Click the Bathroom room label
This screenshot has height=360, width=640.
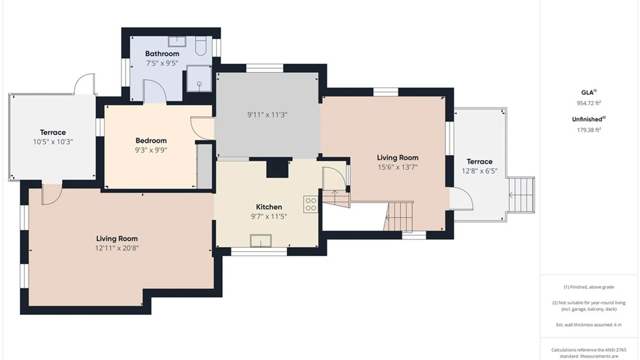pyautogui.click(x=162, y=54)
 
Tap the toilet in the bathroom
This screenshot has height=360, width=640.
pyautogui.click(x=201, y=46)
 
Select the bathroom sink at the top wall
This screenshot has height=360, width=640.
pyautogui.click(x=177, y=42)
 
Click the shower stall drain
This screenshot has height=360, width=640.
pyautogui.click(x=199, y=84)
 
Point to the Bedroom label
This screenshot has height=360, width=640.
pyautogui.click(x=151, y=141)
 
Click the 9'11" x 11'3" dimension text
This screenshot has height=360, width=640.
pyautogui.click(x=267, y=115)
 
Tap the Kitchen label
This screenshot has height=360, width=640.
pyautogui.click(x=269, y=207)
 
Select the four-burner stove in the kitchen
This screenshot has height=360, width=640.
pyautogui.click(x=311, y=204)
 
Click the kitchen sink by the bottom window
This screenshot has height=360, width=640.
pyautogui.click(x=261, y=241)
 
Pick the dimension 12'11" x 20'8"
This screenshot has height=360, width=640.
pyautogui.click(x=117, y=248)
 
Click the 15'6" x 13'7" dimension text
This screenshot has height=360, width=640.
pyautogui.click(x=397, y=167)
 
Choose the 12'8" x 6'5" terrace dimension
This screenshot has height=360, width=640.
pyautogui.click(x=479, y=171)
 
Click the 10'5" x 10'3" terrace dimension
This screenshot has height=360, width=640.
pyautogui.click(x=53, y=142)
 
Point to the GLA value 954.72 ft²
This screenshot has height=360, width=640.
pyautogui.click(x=589, y=103)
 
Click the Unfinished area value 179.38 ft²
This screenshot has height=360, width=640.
pyautogui.click(x=589, y=130)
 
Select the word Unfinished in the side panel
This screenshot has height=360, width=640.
pyautogui.click(x=587, y=119)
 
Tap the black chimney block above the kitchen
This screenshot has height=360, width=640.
pyautogui.click(x=277, y=169)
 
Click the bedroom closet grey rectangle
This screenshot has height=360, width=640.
pyautogui.click(x=204, y=166)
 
